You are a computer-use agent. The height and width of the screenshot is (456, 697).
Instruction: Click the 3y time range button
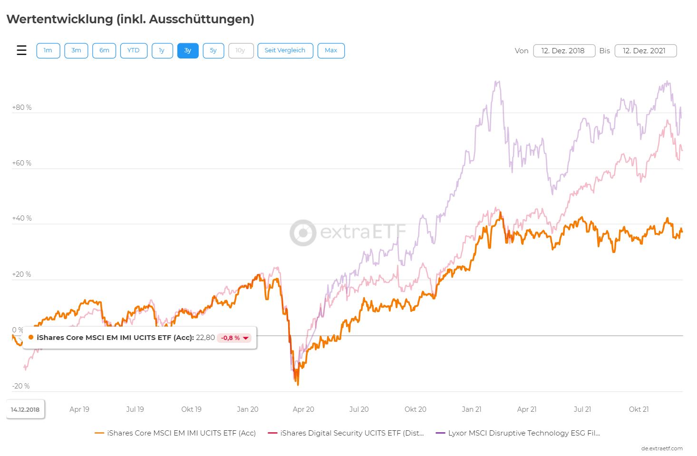188,50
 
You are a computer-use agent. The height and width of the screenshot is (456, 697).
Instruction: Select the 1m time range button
48,50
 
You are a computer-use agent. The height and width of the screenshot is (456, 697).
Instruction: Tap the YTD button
134,50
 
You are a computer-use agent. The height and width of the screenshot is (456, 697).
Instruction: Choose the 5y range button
213,50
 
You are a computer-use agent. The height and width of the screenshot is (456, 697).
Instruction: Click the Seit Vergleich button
285,50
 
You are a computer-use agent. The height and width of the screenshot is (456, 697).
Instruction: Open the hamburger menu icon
22,50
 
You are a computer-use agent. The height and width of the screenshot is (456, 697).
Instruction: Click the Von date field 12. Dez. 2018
564,51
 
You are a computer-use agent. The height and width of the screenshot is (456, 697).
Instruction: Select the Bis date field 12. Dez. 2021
645,51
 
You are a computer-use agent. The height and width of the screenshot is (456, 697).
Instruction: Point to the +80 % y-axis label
22,107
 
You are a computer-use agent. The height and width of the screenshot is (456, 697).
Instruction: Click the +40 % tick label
22,218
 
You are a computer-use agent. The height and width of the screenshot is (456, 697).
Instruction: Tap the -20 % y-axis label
21,386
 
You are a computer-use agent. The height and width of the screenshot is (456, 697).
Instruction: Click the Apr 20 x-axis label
303,409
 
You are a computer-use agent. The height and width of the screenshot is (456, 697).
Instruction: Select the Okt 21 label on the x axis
639,409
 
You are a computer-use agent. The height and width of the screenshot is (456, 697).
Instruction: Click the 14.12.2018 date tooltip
26,409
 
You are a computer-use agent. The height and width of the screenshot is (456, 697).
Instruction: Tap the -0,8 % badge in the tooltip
234,338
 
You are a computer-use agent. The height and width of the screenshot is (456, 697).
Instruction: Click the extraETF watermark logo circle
303,233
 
